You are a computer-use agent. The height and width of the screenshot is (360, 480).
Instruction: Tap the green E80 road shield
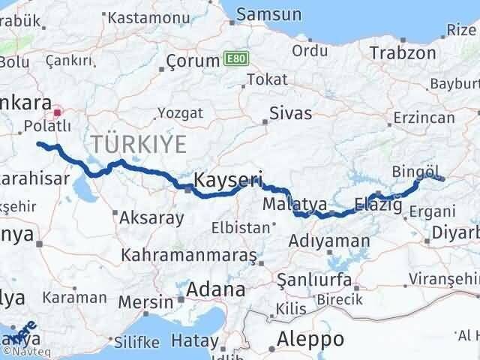click(x=234, y=59)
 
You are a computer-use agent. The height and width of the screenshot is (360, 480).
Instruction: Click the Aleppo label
click(x=310, y=338)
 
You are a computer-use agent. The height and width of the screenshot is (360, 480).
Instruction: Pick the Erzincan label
click(x=425, y=118)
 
